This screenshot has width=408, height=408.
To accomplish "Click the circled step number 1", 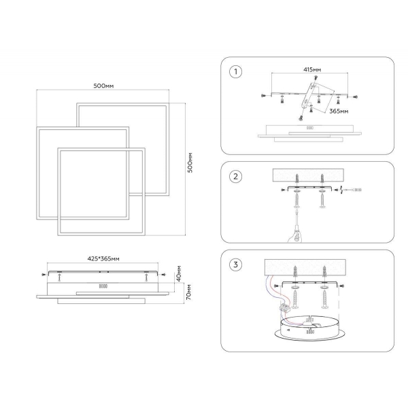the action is pyautogui.click(x=236, y=72).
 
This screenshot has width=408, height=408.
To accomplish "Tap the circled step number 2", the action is pyautogui.click(x=236, y=176).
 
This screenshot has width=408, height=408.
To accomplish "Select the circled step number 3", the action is pyautogui.click(x=236, y=265).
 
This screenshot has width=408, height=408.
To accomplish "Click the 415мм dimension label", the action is pyautogui.click(x=312, y=69).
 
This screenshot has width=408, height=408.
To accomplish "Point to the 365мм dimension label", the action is pyautogui.click(x=339, y=111).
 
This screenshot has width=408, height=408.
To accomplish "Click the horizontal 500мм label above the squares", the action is pyautogui.click(x=103, y=86).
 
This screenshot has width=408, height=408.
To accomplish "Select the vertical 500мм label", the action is pyautogui.click(x=190, y=163).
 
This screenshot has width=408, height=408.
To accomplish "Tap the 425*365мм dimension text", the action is pyautogui.click(x=103, y=258).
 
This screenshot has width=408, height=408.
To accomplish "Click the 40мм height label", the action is pyautogui.click(x=179, y=273).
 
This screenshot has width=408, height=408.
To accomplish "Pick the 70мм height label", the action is pyautogui.click(x=189, y=292).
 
